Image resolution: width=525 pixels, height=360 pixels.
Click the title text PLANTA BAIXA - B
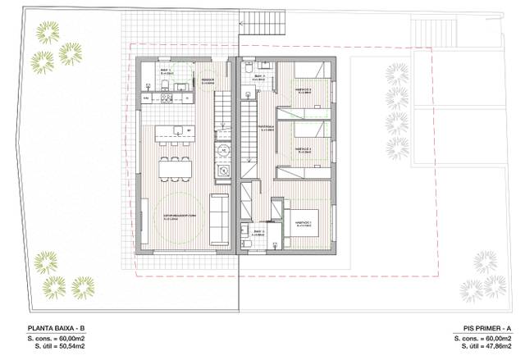[57, 329]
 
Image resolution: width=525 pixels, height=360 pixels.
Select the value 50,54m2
[75, 347]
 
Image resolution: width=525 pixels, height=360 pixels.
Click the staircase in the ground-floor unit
[221, 112]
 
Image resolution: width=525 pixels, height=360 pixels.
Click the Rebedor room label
[208, 80]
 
